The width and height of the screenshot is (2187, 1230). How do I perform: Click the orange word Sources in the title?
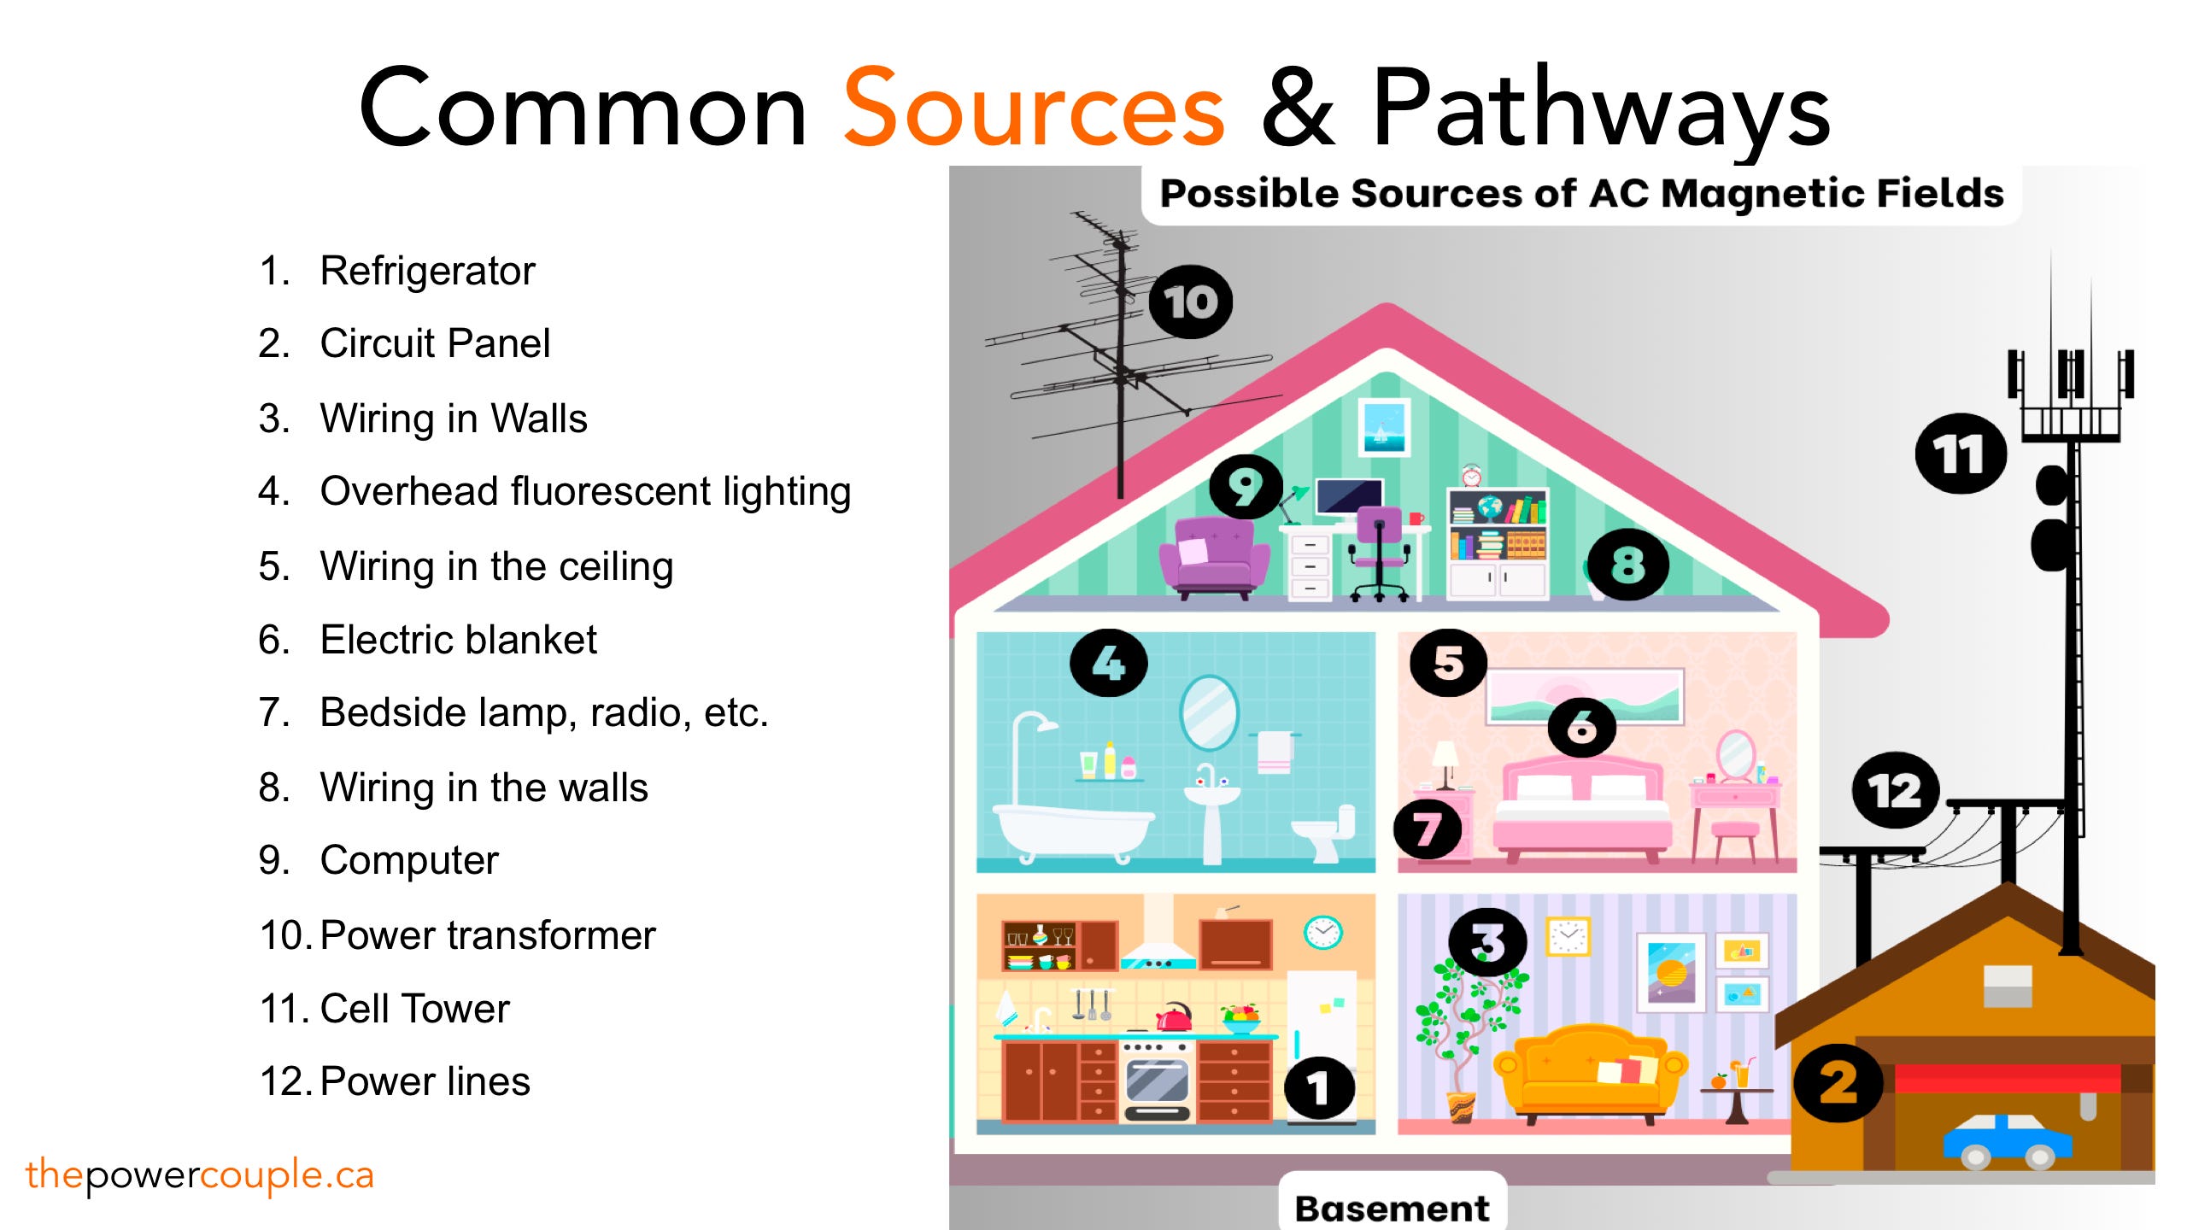[x=1034, y=109]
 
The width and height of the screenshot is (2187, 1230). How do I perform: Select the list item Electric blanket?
[x=458, y=640]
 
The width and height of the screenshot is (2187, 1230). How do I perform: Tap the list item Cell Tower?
[x=414, y=1009]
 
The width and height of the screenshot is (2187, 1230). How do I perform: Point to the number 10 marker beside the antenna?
[x=1190, y=302]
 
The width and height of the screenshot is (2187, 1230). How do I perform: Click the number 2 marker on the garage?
[x=1838, y=1083]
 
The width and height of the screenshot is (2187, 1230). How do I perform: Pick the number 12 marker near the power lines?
[x=1894, y=790]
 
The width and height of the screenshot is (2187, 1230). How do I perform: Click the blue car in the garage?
[x=2008, y=1140]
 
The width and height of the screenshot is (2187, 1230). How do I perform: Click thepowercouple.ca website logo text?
[x=200, y=1175]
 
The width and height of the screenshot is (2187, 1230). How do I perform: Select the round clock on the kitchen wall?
[x=1322, y=931]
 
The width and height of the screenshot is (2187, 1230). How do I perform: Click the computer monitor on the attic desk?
[x=1349, y=496]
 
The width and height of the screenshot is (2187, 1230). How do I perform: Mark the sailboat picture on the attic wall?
[x=1384, y=425]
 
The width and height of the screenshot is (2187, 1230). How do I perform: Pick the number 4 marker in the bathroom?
[x=1108, y=663]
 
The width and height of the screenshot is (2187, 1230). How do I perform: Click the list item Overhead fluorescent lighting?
[x=585, y=492]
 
